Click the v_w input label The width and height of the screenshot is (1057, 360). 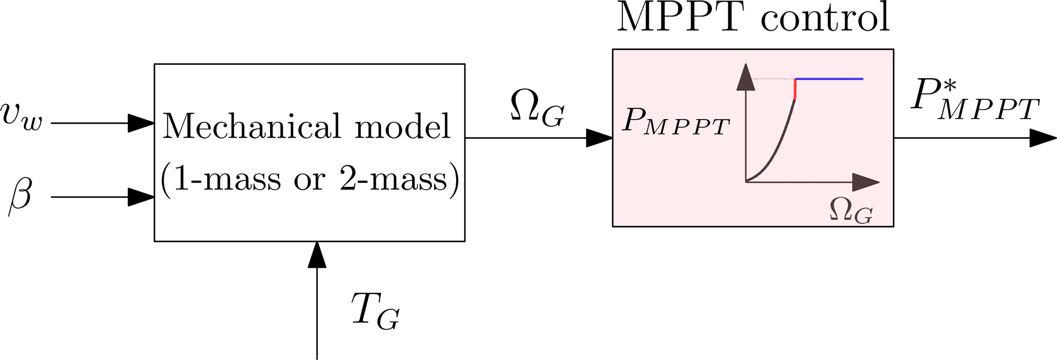pyautogui.click(x=21, y=117)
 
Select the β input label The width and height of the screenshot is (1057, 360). pyautogui.click(x=20, y=196)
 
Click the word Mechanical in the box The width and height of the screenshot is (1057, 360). pyautogui.click(x=251, y=126)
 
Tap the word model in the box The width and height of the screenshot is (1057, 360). pyautogui.click(x=402, y=126)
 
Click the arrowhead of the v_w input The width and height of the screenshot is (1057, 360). pyautogui.click(x=141, y=123)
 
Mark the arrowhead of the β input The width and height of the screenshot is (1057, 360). pyautogui.click(x=141, y=197)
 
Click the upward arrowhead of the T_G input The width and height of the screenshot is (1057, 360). pyautogui.click(x=317, y=255)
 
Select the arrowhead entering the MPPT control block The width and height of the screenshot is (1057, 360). pyautogui.click(x=599, y=138)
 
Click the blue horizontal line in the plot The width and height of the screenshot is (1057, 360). pyautogui.click(x=829, y=79)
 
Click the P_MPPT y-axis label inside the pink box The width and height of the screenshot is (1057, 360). pyautogui.click(x=676, y=123)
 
